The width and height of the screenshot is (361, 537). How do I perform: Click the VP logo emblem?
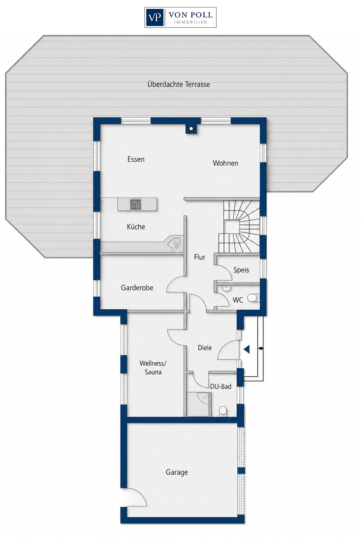click(155, 18)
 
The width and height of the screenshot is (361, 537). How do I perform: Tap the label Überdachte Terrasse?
click(179, 84)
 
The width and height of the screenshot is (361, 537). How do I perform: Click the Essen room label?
click(136, 159)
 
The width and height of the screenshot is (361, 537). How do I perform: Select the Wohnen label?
click(225, 163)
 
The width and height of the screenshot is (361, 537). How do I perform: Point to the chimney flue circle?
click(191, 129)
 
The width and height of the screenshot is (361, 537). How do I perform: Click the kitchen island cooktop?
click(136, 204)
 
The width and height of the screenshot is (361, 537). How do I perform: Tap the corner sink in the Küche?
click(174, 243)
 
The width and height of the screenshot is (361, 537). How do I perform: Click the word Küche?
click(136, 227)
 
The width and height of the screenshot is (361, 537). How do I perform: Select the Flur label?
click(199, 257)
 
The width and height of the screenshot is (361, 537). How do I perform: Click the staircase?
click(239, 227)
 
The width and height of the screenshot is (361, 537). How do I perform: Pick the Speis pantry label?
click(241, 270)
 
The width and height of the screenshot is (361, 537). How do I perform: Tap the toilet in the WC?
click(253, 298)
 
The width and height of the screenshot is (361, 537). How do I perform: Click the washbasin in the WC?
click(226, 288)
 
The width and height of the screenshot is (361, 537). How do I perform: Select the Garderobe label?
click(137, 287)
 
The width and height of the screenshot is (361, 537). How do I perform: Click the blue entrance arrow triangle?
click(247, 349)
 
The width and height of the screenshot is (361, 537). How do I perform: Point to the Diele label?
click(205, 348)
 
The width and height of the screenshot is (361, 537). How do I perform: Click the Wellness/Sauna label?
click(153, 368)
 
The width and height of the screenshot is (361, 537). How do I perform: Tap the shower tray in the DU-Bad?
click(199, 404)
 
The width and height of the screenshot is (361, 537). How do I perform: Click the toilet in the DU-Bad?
click(223, 411)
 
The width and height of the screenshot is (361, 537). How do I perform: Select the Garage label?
click(177, 472)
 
